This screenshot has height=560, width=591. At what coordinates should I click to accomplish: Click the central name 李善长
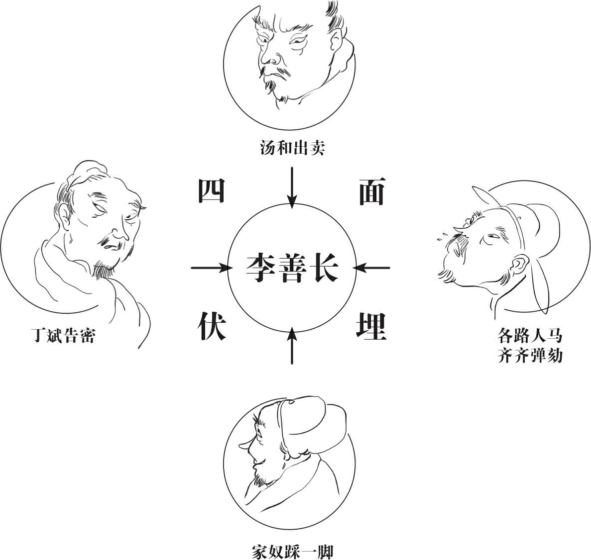point(292,268)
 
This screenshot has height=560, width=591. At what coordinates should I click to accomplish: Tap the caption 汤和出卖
point(292,148)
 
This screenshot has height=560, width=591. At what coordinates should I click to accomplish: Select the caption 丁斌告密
point(63,335)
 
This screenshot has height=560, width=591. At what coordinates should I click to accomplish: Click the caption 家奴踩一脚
point(292,552)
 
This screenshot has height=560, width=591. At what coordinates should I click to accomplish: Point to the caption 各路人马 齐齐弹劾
point(530,345)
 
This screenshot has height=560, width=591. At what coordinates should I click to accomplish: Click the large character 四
point(212,191)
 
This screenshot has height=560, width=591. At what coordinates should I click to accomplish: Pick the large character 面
point(371,191)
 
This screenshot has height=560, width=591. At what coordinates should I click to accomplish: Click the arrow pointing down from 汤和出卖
point(292,187)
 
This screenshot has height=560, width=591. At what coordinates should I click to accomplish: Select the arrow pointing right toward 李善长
point(211,268)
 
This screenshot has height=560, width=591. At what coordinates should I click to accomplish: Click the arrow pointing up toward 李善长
point(292,346)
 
